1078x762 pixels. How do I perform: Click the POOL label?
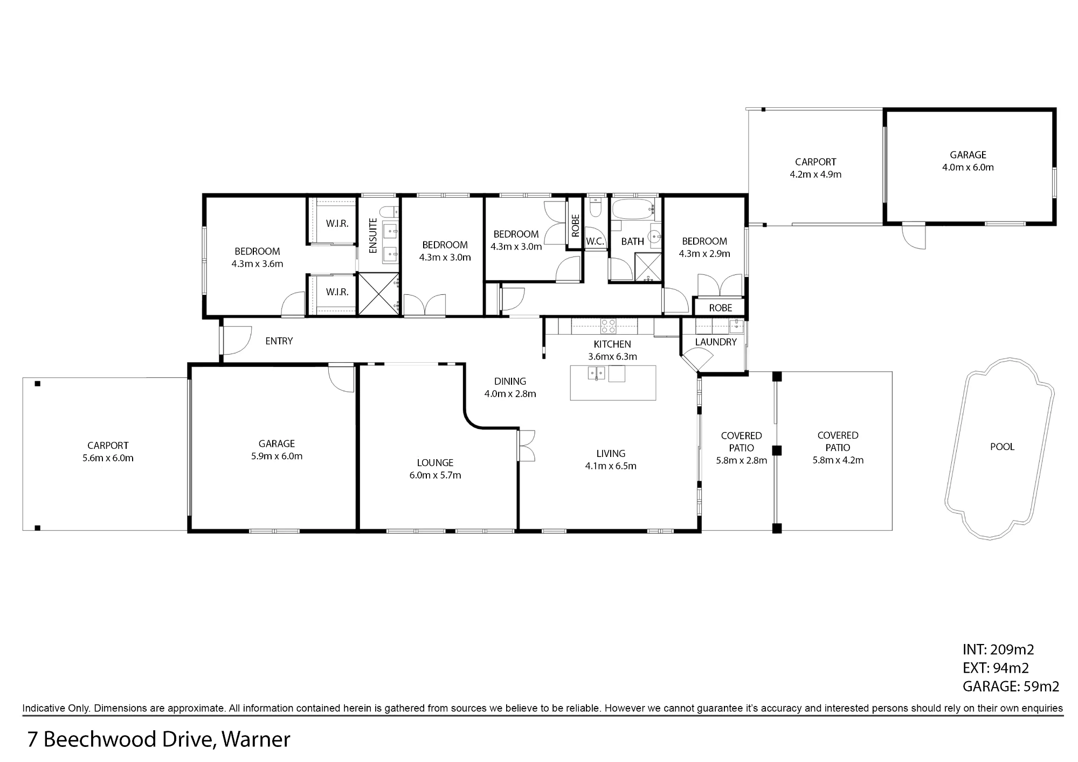pos(1002,447)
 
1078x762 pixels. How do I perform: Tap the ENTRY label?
pos(279,341)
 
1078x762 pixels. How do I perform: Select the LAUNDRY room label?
pos(716,342)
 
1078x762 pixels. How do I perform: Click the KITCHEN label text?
pos(612,344)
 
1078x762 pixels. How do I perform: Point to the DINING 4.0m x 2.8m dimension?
pos(510,394)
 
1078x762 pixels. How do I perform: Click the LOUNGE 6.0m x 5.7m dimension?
pos(435,475)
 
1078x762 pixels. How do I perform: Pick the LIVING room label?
pos(611,454)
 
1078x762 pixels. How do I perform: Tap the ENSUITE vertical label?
pos(373,235)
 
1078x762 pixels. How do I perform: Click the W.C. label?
pos(595,241)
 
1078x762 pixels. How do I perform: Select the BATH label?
pos(632,241)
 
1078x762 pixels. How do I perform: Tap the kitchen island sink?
pos(597,373)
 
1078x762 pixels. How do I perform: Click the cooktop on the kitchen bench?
pos(609,326)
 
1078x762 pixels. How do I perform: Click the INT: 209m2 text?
pos(998,650)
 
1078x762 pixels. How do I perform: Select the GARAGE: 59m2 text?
pos(1011,687)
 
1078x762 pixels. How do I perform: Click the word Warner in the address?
pos(256,739)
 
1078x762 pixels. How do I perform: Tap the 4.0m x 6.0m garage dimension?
pos(968,168)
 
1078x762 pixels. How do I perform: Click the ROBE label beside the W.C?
pos(575,226)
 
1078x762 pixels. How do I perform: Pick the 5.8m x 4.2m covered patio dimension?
pos(838,460)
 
